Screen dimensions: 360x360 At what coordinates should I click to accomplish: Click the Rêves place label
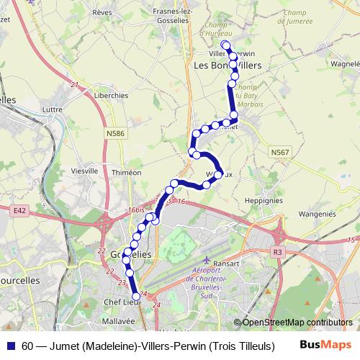(102, 12)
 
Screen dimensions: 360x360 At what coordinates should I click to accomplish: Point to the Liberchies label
(113, 95)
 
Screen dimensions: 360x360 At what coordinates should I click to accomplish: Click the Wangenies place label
(318, 213)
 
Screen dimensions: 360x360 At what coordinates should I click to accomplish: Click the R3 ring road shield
(278, 252)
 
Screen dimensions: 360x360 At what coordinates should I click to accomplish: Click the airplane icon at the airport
(209, 258)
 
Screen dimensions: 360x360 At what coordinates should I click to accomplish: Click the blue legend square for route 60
(12, 346)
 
